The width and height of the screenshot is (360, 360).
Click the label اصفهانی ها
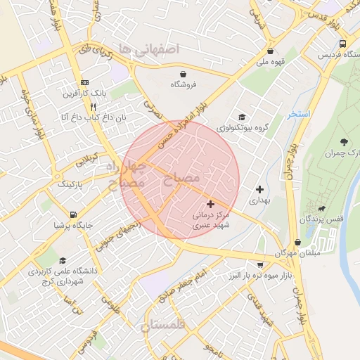[150, 49]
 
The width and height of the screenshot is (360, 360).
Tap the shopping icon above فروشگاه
[184, 73]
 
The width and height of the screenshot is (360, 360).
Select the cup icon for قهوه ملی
[271, 50]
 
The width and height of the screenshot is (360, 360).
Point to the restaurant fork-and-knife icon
[94, 107]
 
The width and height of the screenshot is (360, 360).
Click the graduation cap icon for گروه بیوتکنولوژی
[242, 117]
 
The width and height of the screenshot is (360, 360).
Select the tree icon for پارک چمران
[344, 143]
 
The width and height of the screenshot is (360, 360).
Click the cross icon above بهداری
[260, 189]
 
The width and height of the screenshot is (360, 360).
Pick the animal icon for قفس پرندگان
[321, 209]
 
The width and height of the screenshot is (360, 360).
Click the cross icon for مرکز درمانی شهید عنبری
[210, 204]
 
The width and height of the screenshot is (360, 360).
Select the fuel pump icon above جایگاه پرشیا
[73, 214]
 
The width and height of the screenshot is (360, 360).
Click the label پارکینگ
[69, 184]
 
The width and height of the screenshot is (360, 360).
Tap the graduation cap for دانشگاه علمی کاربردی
[63, 260]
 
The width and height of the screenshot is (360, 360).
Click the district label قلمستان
[162, 325]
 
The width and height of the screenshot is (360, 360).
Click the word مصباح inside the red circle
[181, 179]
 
